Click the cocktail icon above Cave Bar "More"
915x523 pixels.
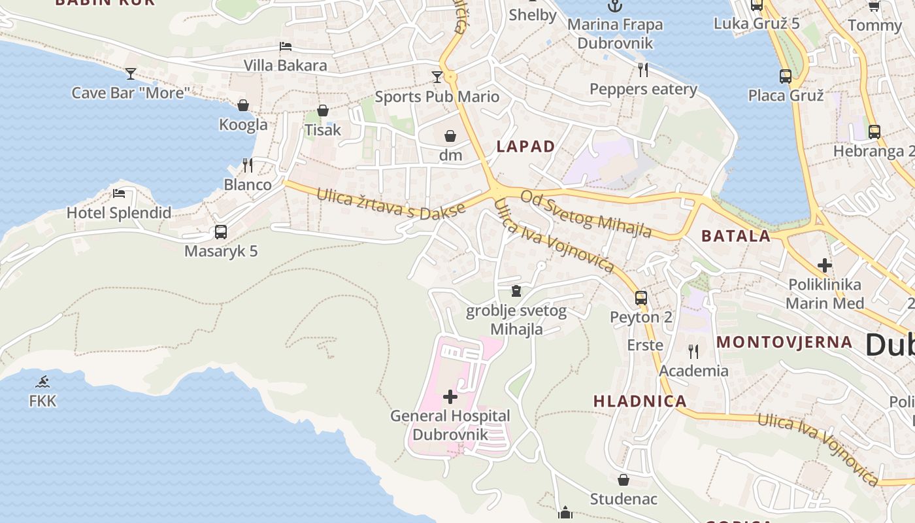131,73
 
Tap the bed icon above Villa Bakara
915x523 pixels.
286,46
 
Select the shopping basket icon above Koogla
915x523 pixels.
243,105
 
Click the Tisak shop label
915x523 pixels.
323,129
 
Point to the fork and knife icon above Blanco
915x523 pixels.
248,165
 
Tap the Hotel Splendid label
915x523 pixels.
119,212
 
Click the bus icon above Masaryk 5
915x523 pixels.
221,231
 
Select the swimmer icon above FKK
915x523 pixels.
43,382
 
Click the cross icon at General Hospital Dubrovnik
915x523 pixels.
450,396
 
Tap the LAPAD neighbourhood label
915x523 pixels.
525,146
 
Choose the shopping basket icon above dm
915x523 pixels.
450,136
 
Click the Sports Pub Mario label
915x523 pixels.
437,97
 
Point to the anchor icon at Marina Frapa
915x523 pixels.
615,6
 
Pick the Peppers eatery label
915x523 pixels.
643,89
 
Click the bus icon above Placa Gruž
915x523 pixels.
786,76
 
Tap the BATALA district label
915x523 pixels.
736,236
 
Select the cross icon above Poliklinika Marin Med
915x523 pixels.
825,265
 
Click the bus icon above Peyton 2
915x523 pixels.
641,297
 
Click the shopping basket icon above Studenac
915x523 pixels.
624,480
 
